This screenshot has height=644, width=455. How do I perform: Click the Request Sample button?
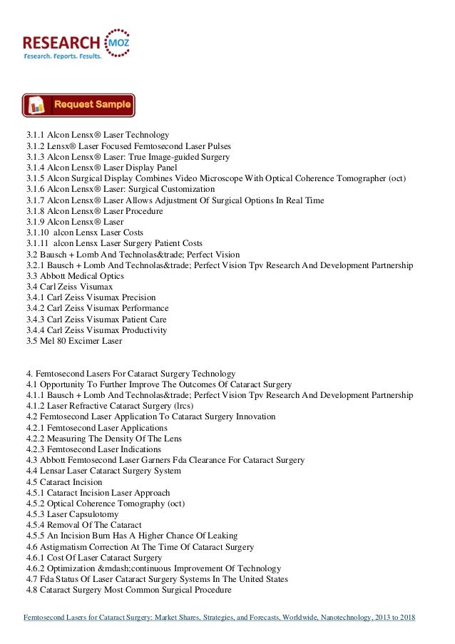[x=78, y=105]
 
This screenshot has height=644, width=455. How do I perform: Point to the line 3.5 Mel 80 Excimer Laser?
[x=74, y=340]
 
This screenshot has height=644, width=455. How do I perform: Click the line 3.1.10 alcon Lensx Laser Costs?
[x=85, y=233]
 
